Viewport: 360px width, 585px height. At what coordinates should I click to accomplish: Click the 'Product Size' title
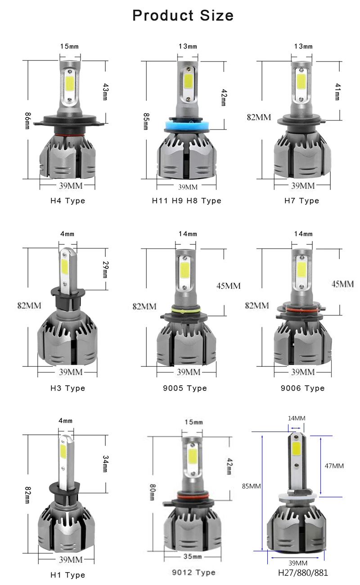(x=183, y=15)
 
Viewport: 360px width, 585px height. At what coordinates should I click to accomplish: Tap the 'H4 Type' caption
(x=67, y=201)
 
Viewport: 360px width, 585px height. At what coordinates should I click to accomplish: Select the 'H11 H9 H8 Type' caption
(x=187, y=201)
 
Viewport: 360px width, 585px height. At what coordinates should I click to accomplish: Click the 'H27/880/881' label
(x=303, y=573)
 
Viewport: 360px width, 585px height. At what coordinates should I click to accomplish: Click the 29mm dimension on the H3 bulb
(x=105, y=269)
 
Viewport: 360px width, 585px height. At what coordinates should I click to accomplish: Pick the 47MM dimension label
(x=334, y=466)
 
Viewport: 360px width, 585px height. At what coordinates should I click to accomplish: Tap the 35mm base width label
(x=193, y=557)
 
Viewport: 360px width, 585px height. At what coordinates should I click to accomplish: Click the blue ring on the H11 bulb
(x=187, y=126)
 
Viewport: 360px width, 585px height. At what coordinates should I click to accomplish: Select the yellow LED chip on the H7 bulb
(x=301, y=81)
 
